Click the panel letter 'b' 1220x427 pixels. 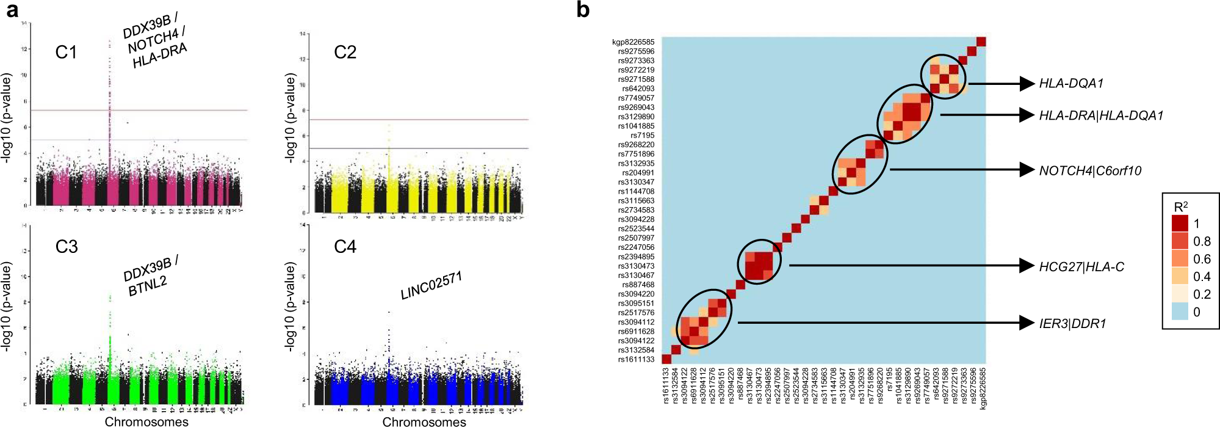(x=583, y=10)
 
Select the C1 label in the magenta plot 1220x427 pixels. (x=66, y=53)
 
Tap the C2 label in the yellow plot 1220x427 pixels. (x=345, y=53)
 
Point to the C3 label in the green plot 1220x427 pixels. (x=66, y=247)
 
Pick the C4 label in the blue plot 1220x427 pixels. (x=345, y=247)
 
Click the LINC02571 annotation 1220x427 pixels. (x=431, y=286)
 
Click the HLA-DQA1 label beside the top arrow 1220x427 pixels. (x=1071, y=84)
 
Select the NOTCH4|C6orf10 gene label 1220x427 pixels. (x=1090, y=171)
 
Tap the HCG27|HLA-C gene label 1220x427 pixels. (x=1081, y=267)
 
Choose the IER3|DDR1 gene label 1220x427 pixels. (x=1072, y=324)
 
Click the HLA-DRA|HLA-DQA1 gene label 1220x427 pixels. (x=1101, y=115)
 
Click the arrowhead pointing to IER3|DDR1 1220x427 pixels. (x=1027, y=323)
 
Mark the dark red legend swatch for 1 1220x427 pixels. (x=1180, y=224)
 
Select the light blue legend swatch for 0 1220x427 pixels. (x=1180, y=312)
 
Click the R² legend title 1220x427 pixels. (x=1180, y=206)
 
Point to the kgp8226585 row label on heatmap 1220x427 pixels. (x=633, y=42)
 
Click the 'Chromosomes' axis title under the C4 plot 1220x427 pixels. (x=424, y=422)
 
